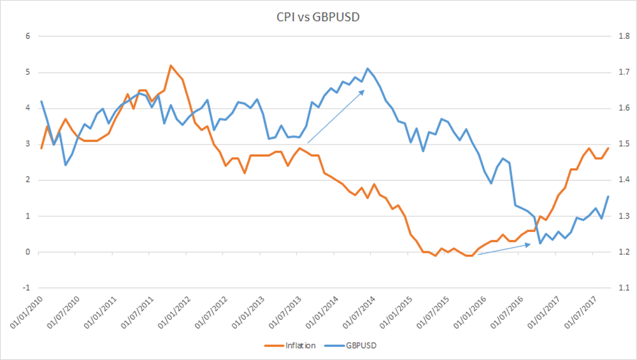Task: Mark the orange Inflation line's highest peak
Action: (170, 66)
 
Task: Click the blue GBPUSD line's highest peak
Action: (368, 69)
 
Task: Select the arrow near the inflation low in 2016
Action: (504, 249)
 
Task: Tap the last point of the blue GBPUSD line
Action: (608, 196)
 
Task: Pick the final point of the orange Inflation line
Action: (608, 148)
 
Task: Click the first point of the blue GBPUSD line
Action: (41, 101)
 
